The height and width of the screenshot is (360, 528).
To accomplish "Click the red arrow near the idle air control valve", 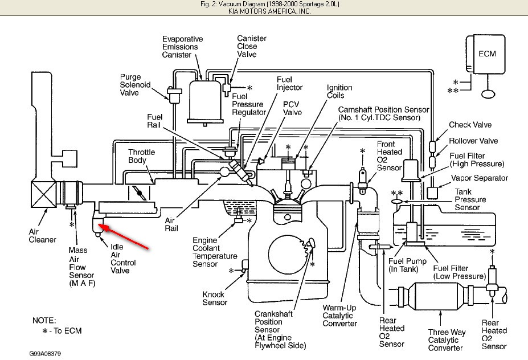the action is point(125,238).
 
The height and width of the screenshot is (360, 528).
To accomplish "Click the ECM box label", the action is point(487,54).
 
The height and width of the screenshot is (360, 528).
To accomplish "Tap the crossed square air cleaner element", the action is point(43,195).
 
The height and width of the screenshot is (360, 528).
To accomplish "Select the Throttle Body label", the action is point(141,156).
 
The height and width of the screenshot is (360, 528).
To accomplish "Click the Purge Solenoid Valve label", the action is point(135,85).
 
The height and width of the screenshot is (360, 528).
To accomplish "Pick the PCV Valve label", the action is point(292,108).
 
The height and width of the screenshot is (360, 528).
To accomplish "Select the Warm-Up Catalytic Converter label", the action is point(339,316).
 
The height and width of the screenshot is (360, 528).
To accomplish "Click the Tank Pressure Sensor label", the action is point(470,200).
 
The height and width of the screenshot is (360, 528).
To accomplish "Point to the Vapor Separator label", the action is point(480,178).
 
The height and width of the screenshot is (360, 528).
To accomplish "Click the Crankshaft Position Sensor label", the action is point(280,330).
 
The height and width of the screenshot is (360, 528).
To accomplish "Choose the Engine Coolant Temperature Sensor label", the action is point(215,252).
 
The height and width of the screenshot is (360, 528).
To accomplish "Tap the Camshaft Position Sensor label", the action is point(383,114).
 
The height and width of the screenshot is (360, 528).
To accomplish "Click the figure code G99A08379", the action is point(45,354).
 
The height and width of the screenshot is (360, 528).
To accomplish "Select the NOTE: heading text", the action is point(44,320).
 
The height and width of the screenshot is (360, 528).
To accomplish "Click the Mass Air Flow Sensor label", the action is point(82,267).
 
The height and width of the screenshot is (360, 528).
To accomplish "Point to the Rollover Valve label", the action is point(473,141).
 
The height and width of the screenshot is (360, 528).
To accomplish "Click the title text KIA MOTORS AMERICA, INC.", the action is point(269,11).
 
